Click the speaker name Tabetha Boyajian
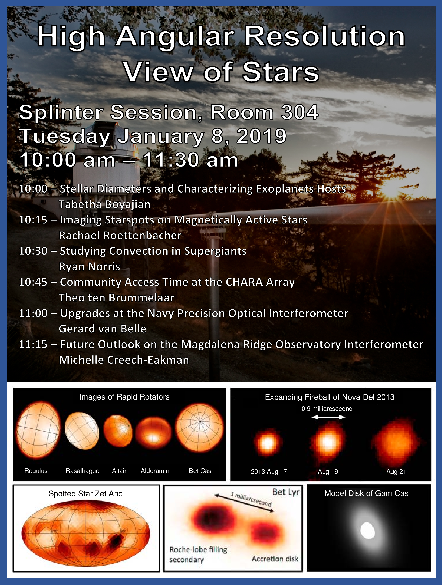pos(104,204)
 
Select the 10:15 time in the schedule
pos(33,220)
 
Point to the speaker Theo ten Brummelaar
pos(117,297)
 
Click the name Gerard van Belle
pos(102,329)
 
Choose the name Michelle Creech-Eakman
pos(124,360)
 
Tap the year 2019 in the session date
pos(262,136)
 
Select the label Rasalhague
pos(83,471)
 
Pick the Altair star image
pos(118,431)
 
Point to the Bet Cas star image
pos(200,428)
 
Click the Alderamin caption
pos(155,471)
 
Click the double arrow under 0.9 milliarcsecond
pos(328,417)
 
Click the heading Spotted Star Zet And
pos(86,493)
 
